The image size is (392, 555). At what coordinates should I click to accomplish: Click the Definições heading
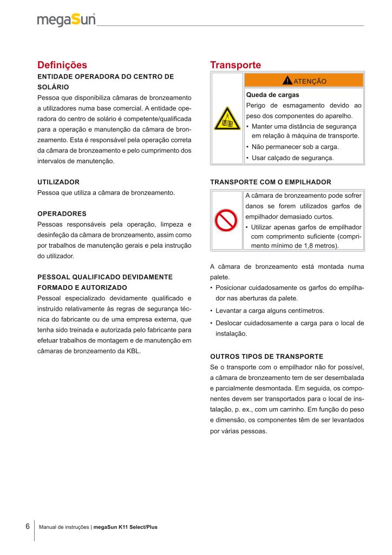coord(62,65)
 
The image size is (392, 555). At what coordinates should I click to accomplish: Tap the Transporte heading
coord(235,65)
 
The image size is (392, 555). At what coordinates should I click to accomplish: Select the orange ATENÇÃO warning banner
coord(304,81)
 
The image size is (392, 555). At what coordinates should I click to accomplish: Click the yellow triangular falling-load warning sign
coord(227,118)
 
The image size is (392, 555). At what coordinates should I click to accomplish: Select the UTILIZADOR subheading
coord(58,182)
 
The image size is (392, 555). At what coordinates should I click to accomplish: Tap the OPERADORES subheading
coord(62,213)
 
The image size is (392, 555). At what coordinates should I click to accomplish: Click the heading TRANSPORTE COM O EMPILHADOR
coord(270,182)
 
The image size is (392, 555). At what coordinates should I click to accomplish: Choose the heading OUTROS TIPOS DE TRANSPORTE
coord(266,356)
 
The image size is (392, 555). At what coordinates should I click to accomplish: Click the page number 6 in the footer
coord(27,526)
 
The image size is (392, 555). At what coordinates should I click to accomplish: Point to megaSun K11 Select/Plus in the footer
coord(126,527)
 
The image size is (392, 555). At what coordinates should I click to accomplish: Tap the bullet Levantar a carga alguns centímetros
coord(270,311)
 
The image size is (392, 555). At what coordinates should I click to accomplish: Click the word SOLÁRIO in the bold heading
coord(53,87)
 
